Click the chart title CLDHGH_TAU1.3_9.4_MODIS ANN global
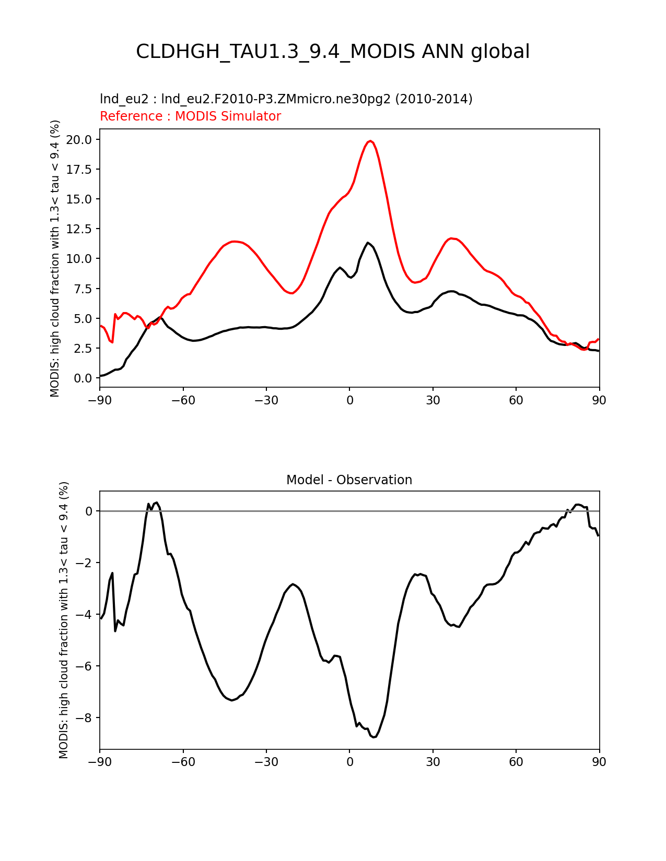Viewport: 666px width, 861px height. click(x=333, y=52)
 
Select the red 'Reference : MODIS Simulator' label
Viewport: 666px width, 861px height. click(x=191, y=116)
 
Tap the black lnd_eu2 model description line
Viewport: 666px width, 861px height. click(x=286, y=99)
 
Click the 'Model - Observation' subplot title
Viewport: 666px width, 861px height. click(x=349, y=480)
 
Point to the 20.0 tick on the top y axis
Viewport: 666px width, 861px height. click(x=78, y=139)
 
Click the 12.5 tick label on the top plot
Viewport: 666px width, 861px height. click(x=78, y=229)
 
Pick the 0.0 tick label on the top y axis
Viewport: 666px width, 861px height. click(x=83, y=378)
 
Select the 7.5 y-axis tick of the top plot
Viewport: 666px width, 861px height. click(x=83, y=289)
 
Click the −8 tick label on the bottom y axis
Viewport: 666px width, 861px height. click(x=85, y=717)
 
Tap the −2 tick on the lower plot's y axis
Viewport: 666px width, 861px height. click(x=85, y=563)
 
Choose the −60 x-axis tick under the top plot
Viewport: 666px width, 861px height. click(x=183, y=400)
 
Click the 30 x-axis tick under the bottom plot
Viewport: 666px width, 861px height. click(x=433, y=761)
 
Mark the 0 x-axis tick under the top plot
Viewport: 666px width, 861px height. click(x=349, y=400)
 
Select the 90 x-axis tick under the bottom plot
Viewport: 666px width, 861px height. click(x=599, y=761)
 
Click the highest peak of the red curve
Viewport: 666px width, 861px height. click(x=370, y=141)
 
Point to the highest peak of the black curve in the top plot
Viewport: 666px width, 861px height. click(x=368, y=243)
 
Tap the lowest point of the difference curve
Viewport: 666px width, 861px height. click(x=373, y=737)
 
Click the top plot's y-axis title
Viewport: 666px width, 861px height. click(x=55, y=258)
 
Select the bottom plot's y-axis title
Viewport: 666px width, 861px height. click(x=64, y=620)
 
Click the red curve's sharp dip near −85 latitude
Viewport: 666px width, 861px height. click(x=112, y=342)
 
